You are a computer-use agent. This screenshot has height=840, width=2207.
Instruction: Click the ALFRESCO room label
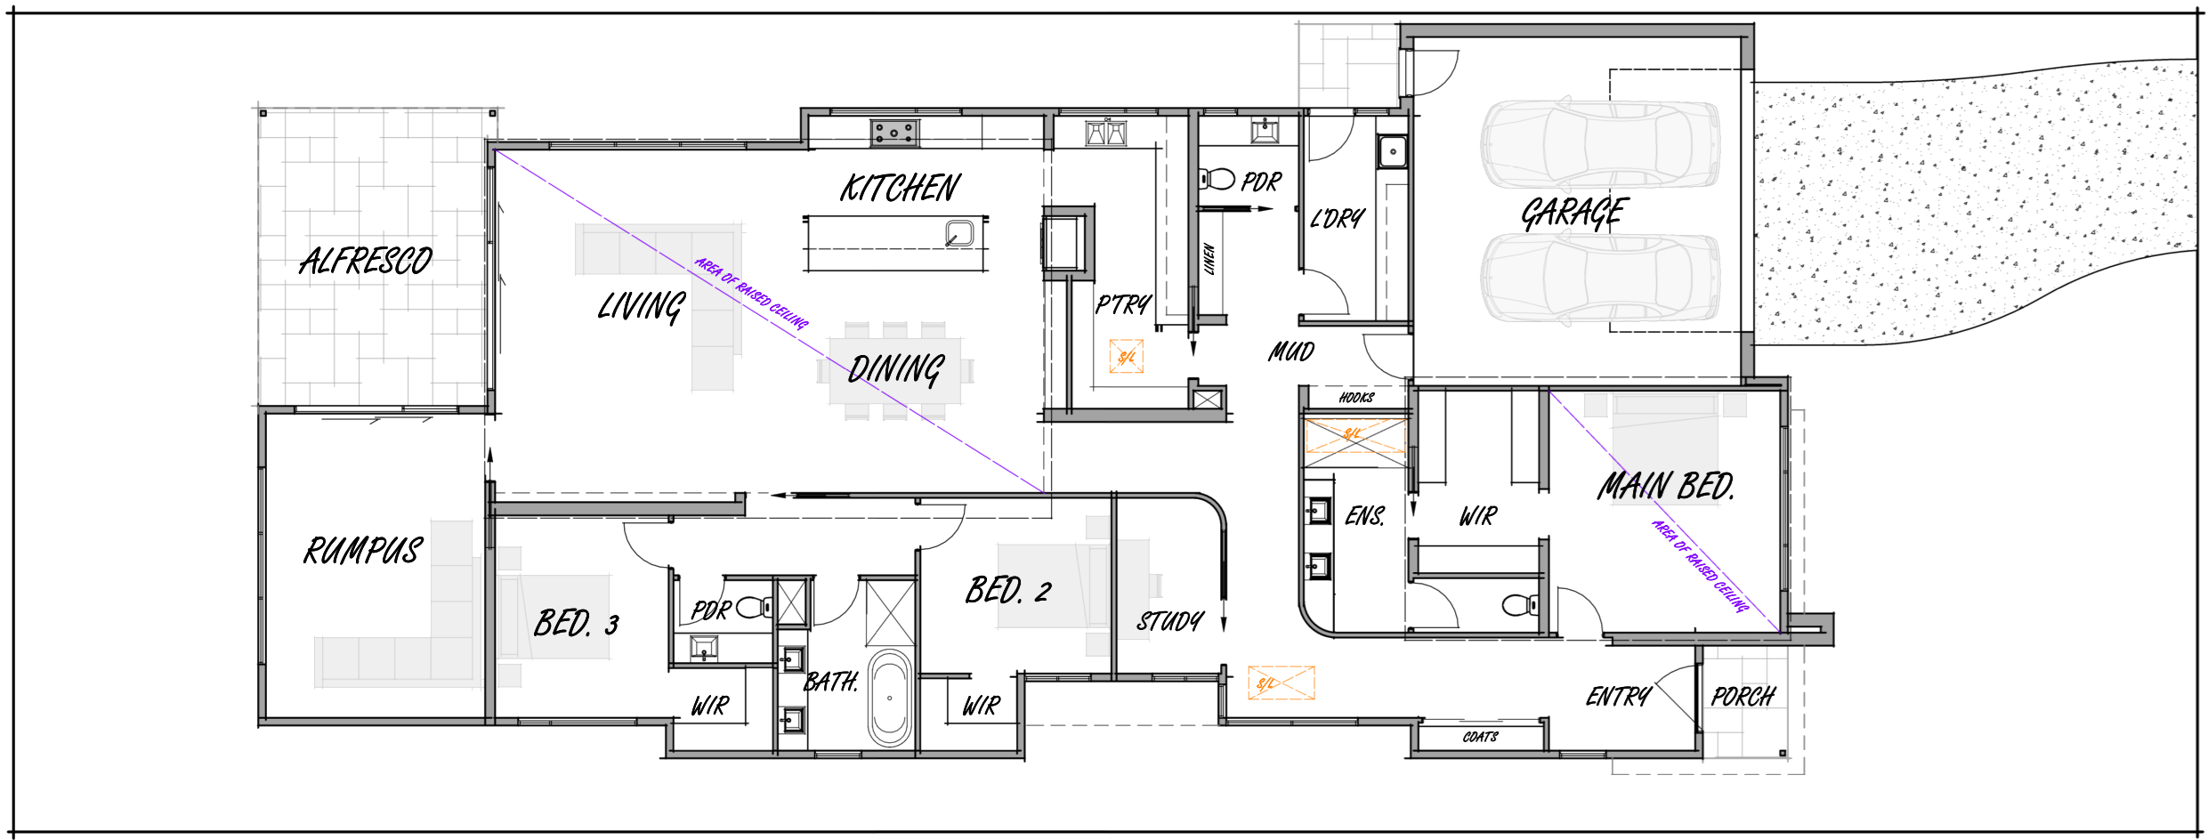366,261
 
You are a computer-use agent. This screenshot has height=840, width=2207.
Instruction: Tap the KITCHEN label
900,188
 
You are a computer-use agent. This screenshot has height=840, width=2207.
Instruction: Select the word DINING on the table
895,368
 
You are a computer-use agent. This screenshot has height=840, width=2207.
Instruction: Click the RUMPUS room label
362,551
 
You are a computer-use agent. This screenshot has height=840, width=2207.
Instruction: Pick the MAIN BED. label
1665,487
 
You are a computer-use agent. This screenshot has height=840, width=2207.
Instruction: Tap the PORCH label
1742,697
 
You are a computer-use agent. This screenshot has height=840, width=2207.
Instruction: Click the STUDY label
1169,621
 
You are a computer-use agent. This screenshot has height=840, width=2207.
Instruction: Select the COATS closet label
1480,737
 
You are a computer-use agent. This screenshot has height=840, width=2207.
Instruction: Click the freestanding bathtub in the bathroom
890,698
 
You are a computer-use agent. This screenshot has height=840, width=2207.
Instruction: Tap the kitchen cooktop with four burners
894,133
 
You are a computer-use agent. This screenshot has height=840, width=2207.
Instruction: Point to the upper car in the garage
1599,144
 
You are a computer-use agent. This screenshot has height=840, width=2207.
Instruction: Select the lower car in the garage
1599,277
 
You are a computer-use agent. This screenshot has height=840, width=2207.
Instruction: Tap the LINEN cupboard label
1209,259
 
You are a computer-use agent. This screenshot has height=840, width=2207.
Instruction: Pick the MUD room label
1291,352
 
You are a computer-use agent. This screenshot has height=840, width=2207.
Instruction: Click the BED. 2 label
1008,590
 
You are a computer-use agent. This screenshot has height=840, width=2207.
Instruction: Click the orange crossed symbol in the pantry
1126,357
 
